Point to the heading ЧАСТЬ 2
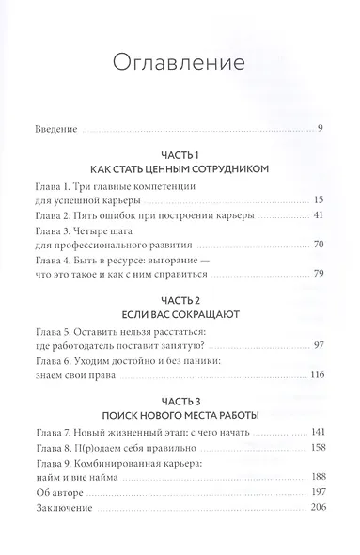[180, 320]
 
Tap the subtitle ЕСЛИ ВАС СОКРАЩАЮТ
[180, 335]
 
